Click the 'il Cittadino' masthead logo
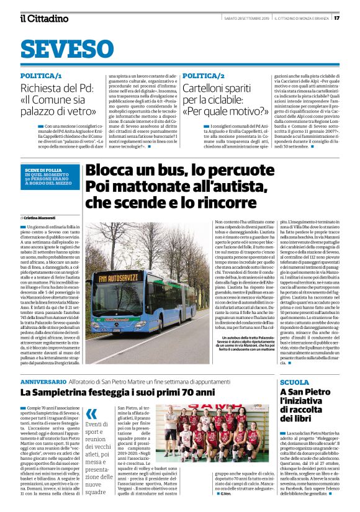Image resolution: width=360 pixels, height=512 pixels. [44, 18]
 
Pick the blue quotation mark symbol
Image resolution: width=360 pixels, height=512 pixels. [91, 413]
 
